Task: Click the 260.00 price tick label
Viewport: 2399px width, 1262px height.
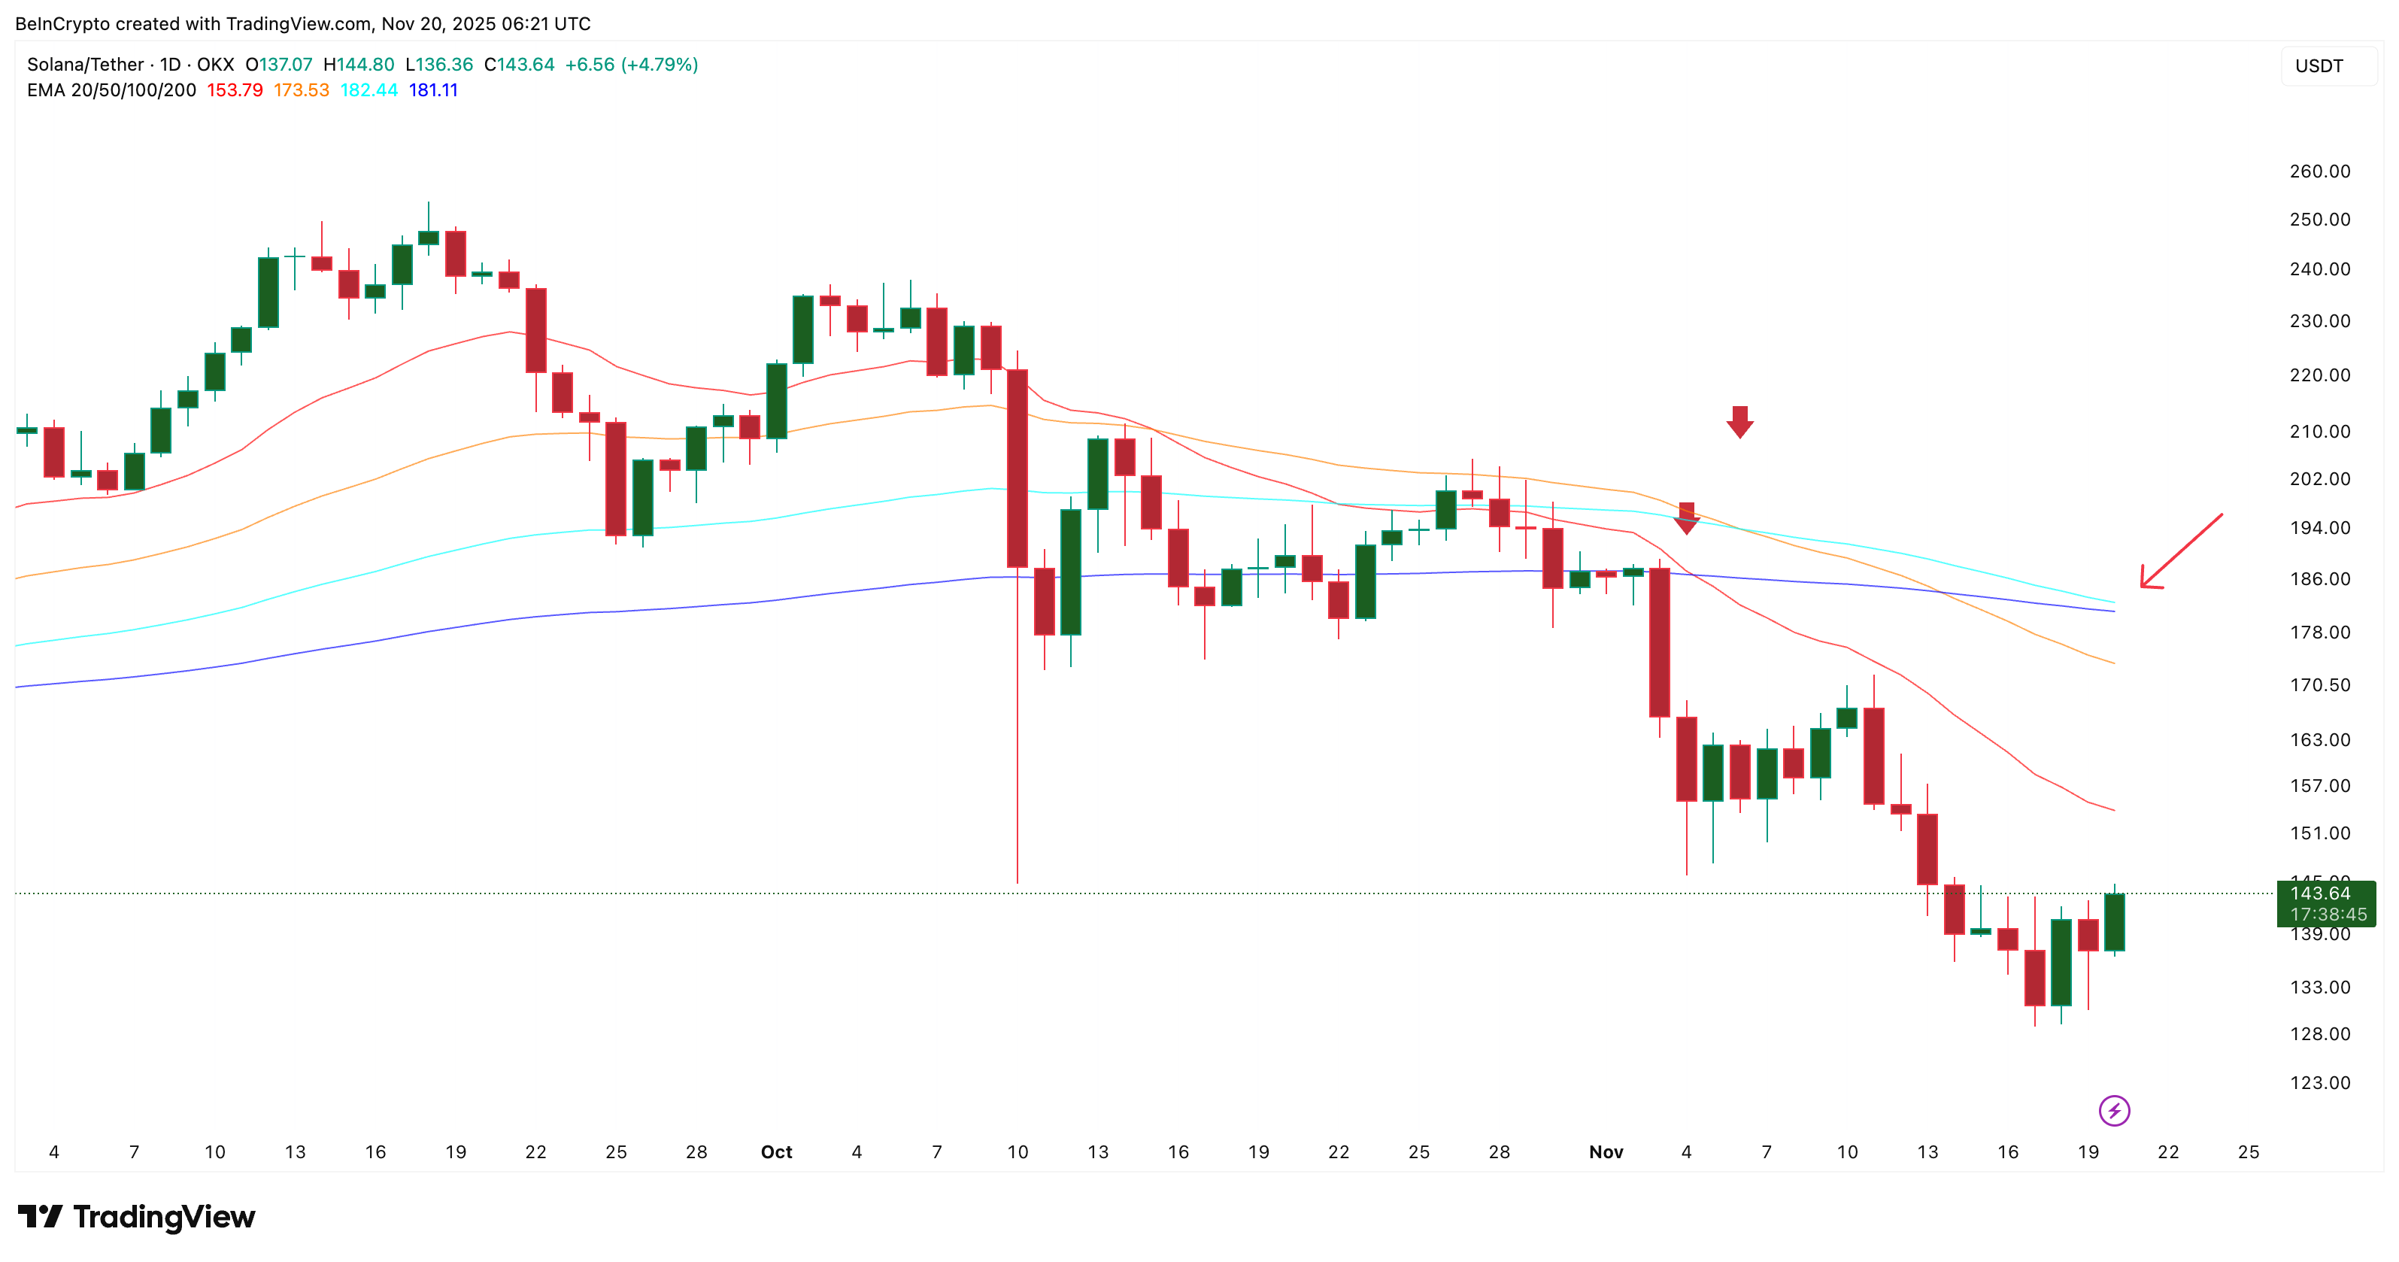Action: pyautogui.click(x=2319, y=171)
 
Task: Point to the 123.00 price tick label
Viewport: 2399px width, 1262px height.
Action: pyautogui.click(x=2319, y=1082)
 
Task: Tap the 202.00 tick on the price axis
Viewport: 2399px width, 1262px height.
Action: pyautogui.click(x=2319, y=479)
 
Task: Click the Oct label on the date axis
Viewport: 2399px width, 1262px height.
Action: pyautogui.click(x=776, y=1152)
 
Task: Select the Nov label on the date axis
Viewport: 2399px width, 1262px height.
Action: pyautogui.click(x=1606, y=1152)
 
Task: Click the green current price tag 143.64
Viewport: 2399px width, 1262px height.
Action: pyautogui.click(x=2325, y=903)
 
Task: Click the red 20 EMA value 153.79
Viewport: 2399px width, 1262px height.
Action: pyautogui.click(x=235, y=90)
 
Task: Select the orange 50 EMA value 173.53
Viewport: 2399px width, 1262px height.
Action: pyautogui.click(x=301, y=90)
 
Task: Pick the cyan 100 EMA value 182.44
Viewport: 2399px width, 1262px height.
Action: pyautogui.click(x=368, y=90)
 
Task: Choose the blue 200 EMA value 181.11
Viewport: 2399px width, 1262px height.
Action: pyautogui.click(x=433, y=90)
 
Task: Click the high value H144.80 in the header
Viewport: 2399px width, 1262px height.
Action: pyautogui.click(x=359, y=64)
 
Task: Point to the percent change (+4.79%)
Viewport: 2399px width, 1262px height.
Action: pyautogui.click(x=660, y=64)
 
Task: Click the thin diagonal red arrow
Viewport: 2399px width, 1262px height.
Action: pyautogui.click(x=2180, y=551)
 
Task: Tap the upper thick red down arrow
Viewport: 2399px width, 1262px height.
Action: pyautogui.click(x=1739, y=421)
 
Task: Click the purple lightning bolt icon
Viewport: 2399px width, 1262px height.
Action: pyautogui.click(x=2114, y=1110)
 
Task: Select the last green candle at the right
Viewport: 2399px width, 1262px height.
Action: pyautogui.click(x=2114, y=922)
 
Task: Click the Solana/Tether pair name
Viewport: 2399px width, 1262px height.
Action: pyautogui.click(x=86, y=64)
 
